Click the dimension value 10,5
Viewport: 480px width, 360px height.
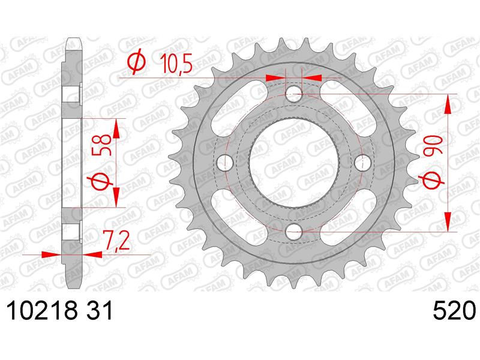[x=176, y=63]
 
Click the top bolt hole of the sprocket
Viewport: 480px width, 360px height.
[x=293, y=94]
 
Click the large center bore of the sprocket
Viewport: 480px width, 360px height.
[x=293, y=162]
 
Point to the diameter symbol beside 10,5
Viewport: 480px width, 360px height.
[x=136, y=63]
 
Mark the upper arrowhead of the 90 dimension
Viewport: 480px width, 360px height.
[x=448, y=102]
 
